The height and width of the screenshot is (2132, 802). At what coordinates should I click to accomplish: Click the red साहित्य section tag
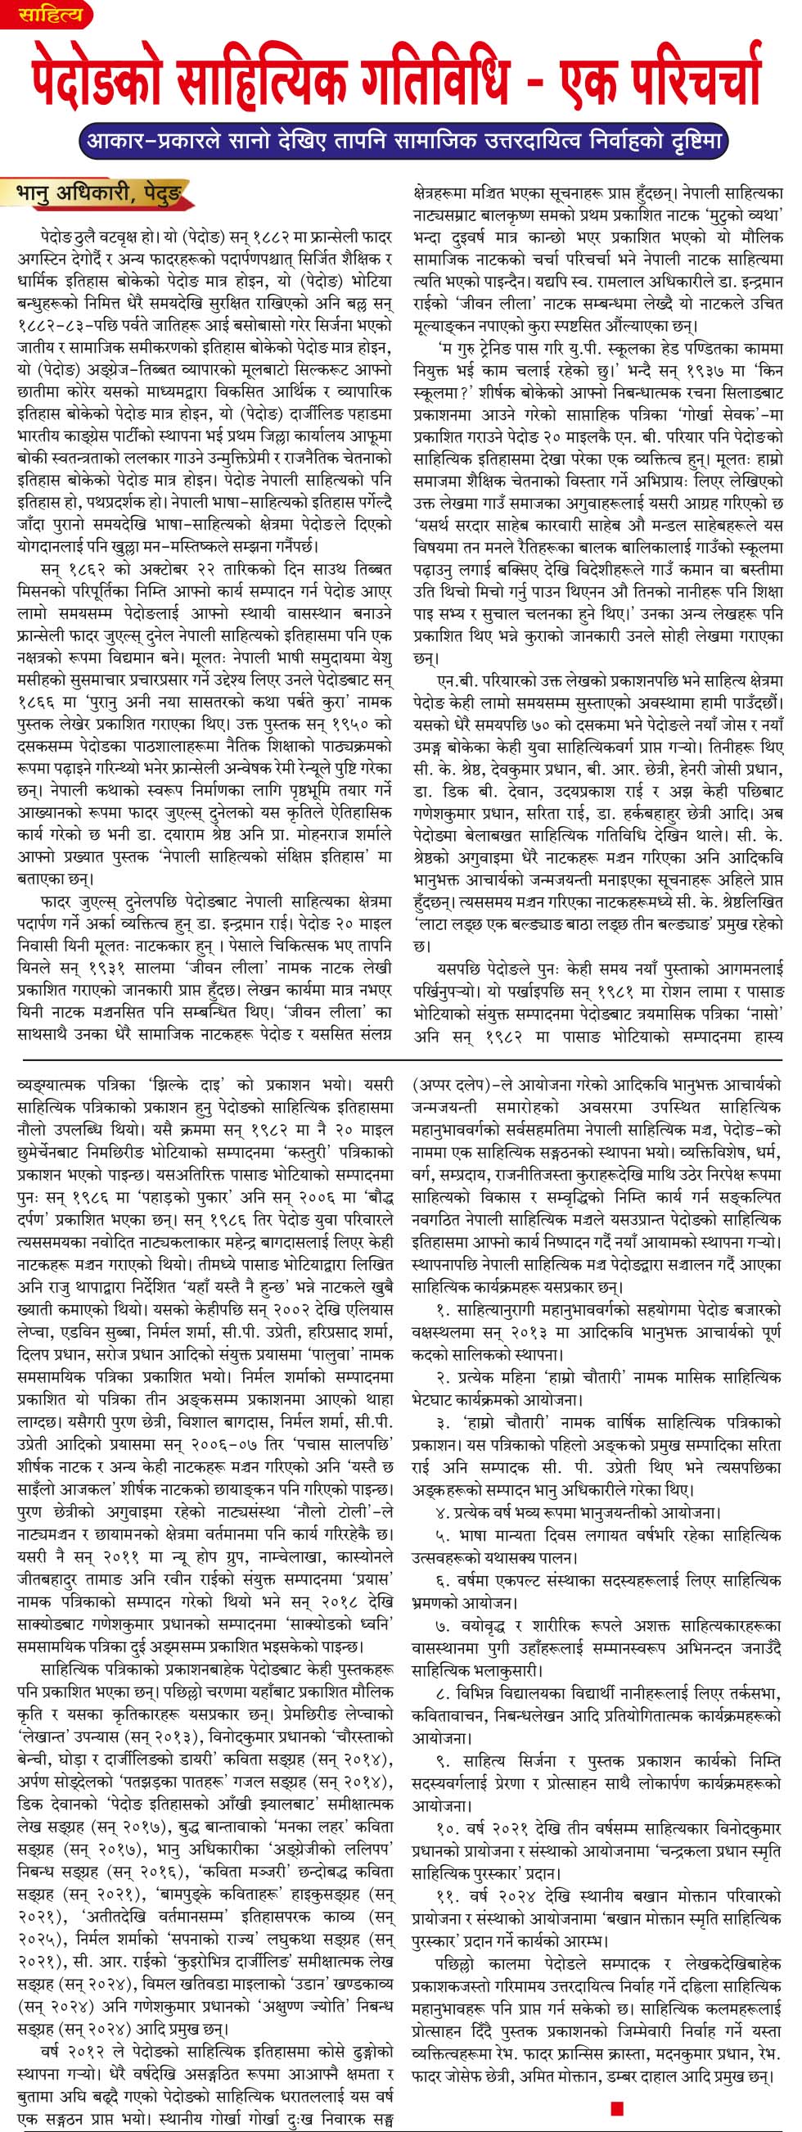coord(52,15)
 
